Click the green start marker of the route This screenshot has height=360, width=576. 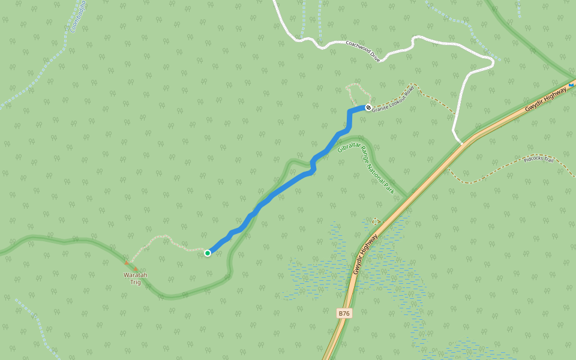208,253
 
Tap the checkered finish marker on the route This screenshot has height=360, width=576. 368,108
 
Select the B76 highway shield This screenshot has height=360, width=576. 344,313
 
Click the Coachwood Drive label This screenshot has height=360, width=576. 363,51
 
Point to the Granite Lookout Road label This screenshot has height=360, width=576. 393,100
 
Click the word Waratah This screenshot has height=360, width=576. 136,275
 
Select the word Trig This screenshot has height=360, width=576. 136,282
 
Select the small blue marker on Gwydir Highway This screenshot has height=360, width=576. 571,85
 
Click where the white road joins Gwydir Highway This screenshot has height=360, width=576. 462,143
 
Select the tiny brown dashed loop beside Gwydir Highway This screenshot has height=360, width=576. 376,221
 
